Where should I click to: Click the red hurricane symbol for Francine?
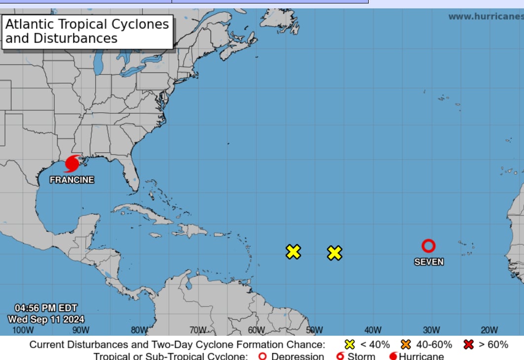click(72, 163)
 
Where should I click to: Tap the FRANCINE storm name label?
click(71, 180)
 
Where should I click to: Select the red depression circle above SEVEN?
click(428, 246)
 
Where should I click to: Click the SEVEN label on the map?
click(429, 262)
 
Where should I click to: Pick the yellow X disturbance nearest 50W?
click(335, 253)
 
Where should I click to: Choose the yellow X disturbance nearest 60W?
click(293, 252)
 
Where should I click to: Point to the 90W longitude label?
click(81, 330)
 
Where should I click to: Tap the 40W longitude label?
click(373, 330)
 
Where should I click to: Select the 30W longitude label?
click(431, 330)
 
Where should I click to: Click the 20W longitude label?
click(489, 330)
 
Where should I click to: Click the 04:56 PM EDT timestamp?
click(46, 308)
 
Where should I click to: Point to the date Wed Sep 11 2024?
click(46, 319)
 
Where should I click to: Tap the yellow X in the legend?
click(350, 344)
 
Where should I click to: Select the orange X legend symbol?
click(406, 344)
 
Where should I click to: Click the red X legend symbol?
click(469, 344)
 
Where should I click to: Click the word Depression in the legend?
click(297, 356)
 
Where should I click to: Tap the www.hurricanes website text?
click(485, 16)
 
